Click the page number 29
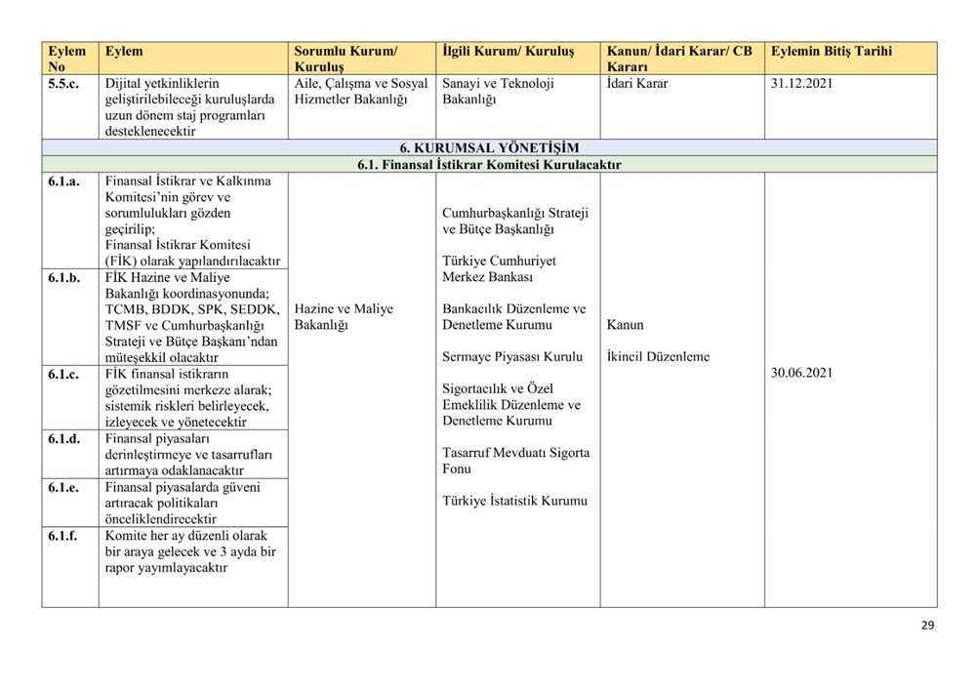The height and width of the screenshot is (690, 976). [927, 626]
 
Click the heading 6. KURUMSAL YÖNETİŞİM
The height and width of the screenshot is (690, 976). [489, 148]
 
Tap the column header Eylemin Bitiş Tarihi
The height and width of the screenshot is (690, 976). [831, 51]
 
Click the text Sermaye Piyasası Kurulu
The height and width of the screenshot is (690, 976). [512, 356]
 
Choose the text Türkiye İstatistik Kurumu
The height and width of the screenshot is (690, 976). [515, 501]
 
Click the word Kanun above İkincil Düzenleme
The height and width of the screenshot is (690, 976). [625, 325]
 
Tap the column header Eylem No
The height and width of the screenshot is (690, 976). [67, 59]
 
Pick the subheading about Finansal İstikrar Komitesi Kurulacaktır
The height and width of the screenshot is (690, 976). [489, 165]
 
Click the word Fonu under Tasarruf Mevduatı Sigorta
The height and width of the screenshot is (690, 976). [457, 469]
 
